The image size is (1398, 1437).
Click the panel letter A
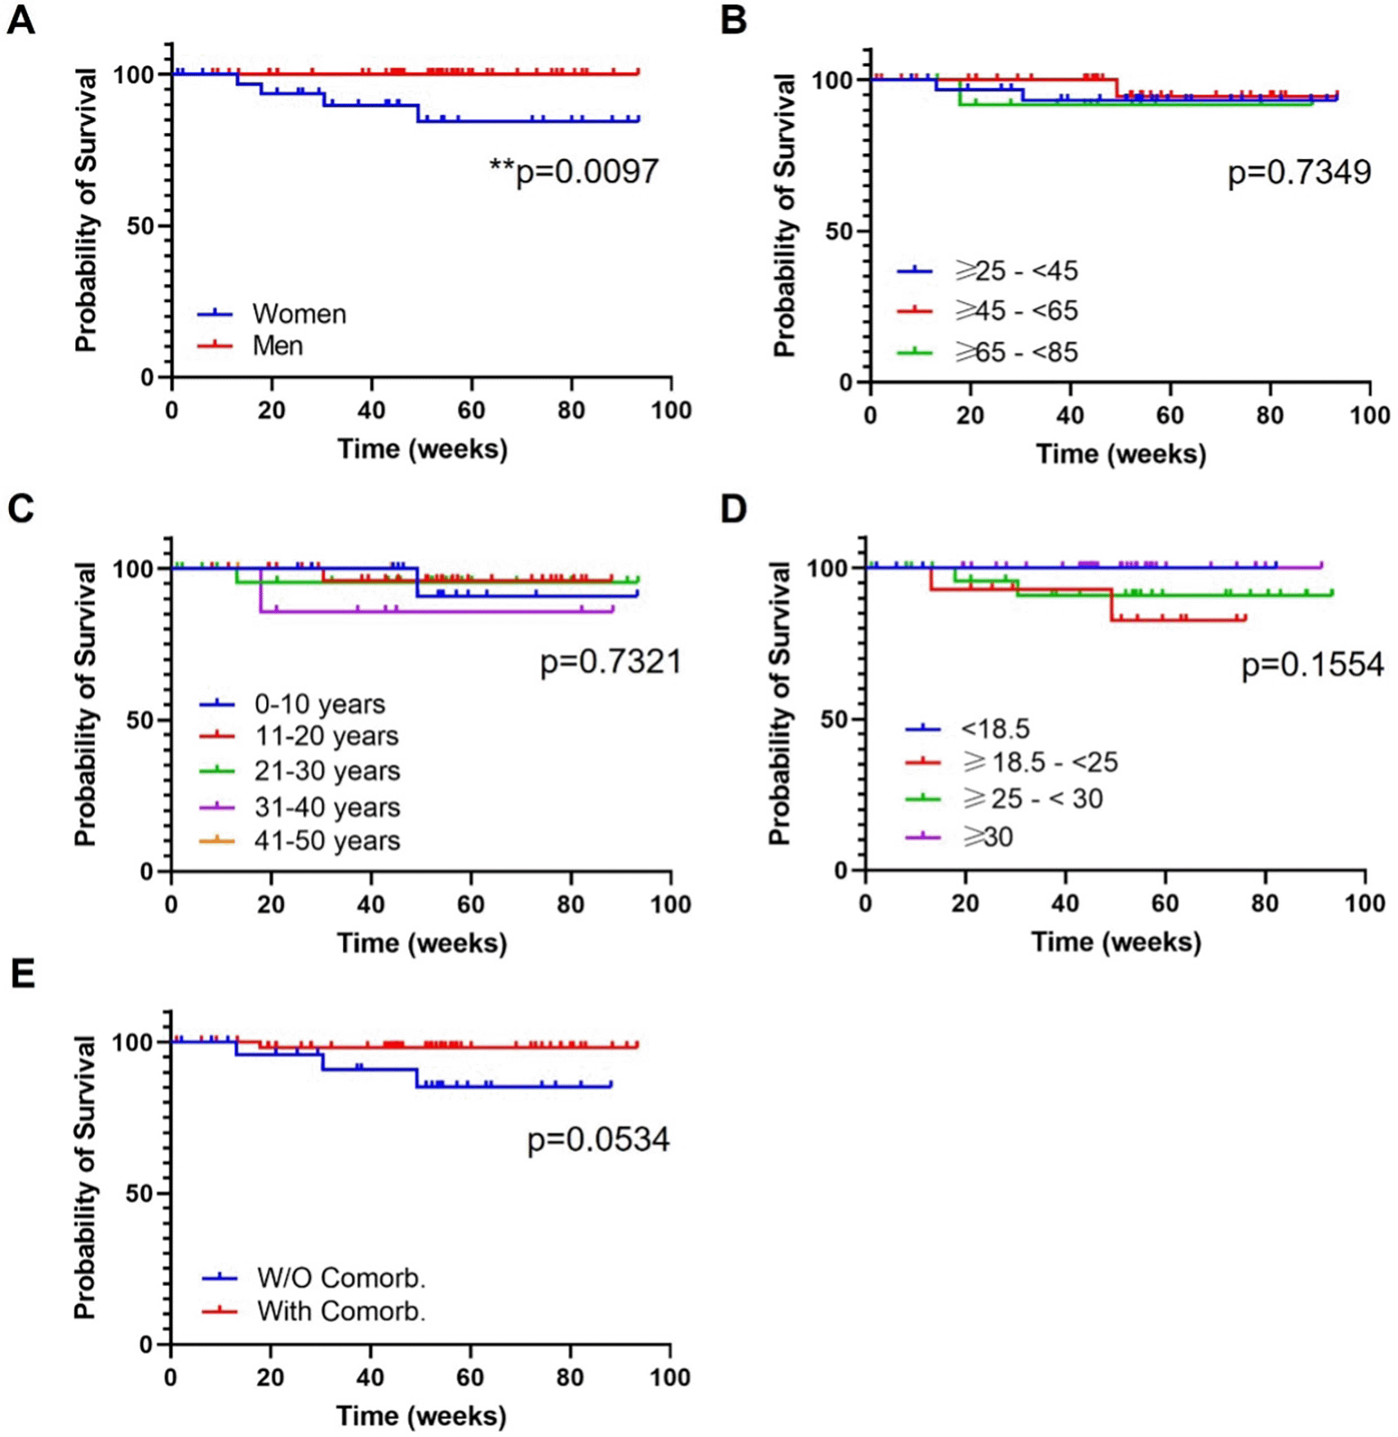tap(21, 20)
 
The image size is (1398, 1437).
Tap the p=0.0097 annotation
tap(575, 171)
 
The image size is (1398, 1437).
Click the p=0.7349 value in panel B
tap(1299, 172)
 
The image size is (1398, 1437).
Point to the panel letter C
tap(21, 508)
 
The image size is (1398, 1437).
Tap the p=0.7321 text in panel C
tap(610, 662)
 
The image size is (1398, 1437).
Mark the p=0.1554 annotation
tap(1312, 665)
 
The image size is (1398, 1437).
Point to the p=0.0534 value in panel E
tap(598, 1139)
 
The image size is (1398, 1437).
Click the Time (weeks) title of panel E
tap(421, 1416)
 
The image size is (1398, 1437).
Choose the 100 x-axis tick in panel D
tap(1365, 903)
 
